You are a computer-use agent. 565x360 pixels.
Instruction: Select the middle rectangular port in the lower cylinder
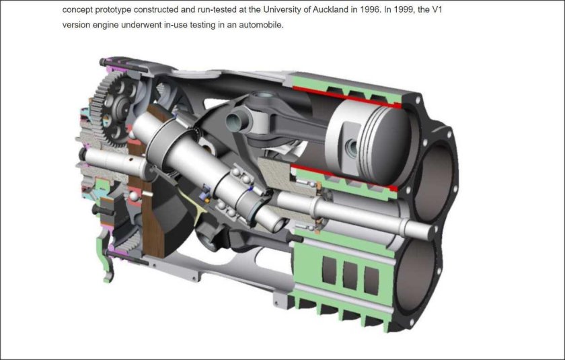coord(350,274)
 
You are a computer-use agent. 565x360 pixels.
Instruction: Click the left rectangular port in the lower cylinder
coord(330,271)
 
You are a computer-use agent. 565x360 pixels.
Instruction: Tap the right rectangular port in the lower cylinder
coord(370,277)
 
